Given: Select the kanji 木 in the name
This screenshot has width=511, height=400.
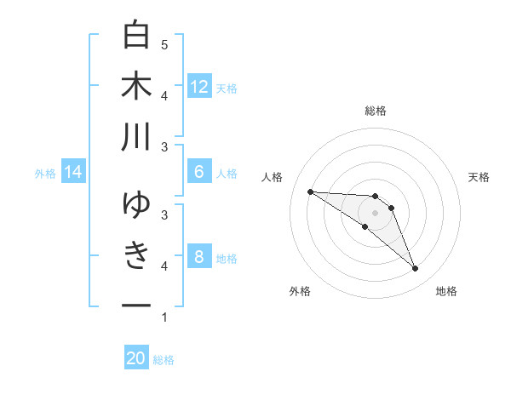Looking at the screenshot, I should click(x=136, y=86).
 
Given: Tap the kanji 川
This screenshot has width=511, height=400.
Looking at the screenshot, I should click(x=136, y=137).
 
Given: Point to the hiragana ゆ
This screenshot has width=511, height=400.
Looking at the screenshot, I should click(x=136, y=205).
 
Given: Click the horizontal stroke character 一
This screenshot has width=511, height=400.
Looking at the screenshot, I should click(x=136, y=305).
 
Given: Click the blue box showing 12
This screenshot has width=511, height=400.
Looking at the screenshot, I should click(x=198, y=87).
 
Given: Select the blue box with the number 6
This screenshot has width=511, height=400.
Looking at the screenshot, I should click(x=198, y=172).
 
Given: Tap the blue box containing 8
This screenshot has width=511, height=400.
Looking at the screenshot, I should click(x=198, y=257).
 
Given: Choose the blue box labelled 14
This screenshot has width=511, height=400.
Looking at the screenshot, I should click(x=73, y=173).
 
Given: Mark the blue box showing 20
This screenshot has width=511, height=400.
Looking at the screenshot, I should click(x=136, y=359).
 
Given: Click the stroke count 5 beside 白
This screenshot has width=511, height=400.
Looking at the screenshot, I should click(x=164, y=45).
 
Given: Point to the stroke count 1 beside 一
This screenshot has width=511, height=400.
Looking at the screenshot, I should click(x=164, y=317).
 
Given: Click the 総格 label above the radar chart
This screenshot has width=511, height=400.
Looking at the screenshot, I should click(x=376, y=111).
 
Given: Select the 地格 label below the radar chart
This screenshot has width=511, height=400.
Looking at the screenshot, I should click(x=446, y=291).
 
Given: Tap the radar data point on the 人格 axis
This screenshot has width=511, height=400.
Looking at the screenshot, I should click(x=310, y=191).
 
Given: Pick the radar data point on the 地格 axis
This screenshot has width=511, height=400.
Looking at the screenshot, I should click(x=415, y=269).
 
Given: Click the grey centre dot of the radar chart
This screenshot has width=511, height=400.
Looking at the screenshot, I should click(x=376, y=212).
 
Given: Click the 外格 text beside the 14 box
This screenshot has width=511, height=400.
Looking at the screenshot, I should click(x=45, y=174).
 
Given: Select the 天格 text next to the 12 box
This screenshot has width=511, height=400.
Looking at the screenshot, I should click(x=227, y=88).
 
